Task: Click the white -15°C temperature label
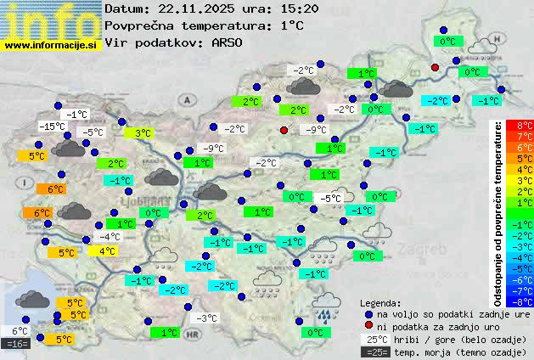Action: (52, 127)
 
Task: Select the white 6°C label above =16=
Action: (20, 331)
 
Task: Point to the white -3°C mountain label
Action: (206, 318)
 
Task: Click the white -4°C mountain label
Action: (109, 237)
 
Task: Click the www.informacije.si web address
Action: (51, 44)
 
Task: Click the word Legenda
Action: (380, 303)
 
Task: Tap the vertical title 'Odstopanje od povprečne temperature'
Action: (498, 212)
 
